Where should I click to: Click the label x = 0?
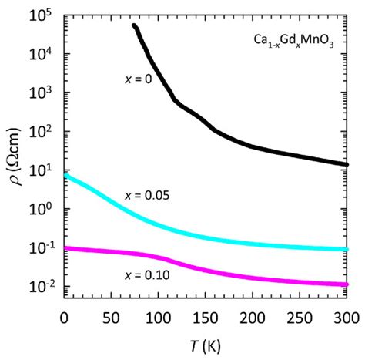pyautogui.click(x=139, y=79)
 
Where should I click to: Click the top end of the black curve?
pyautogui.click(x=136, y=26)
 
